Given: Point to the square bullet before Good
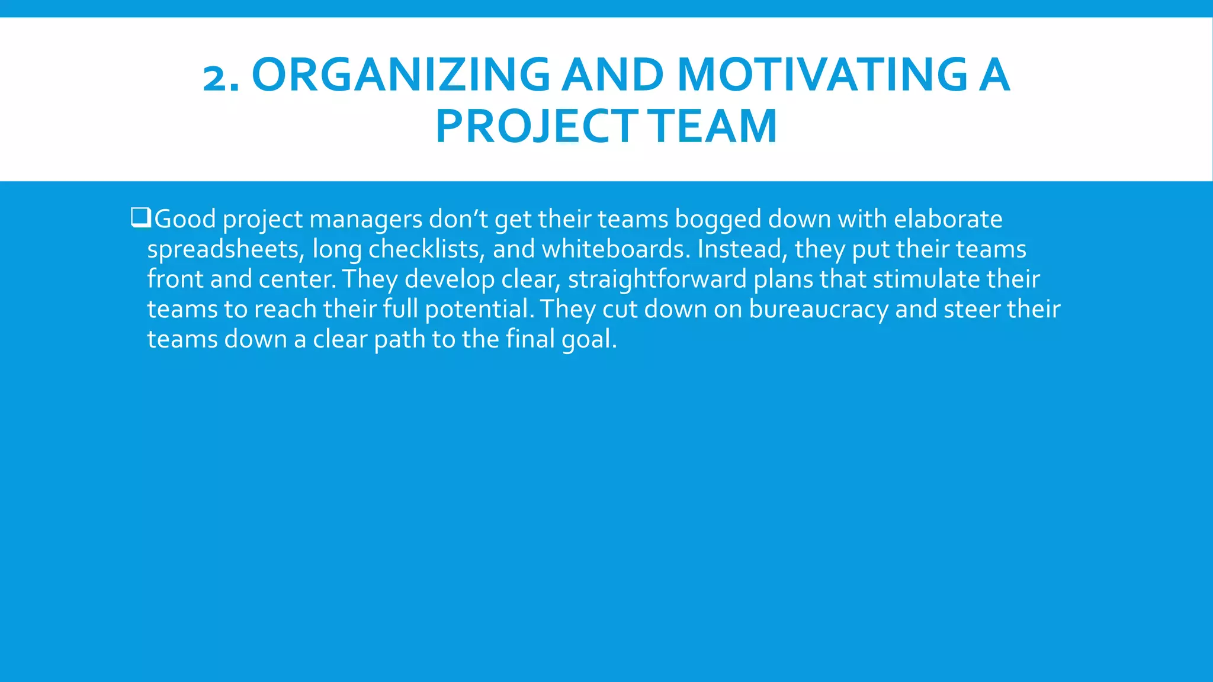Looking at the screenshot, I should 141,217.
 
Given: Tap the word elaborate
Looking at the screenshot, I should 948,219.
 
